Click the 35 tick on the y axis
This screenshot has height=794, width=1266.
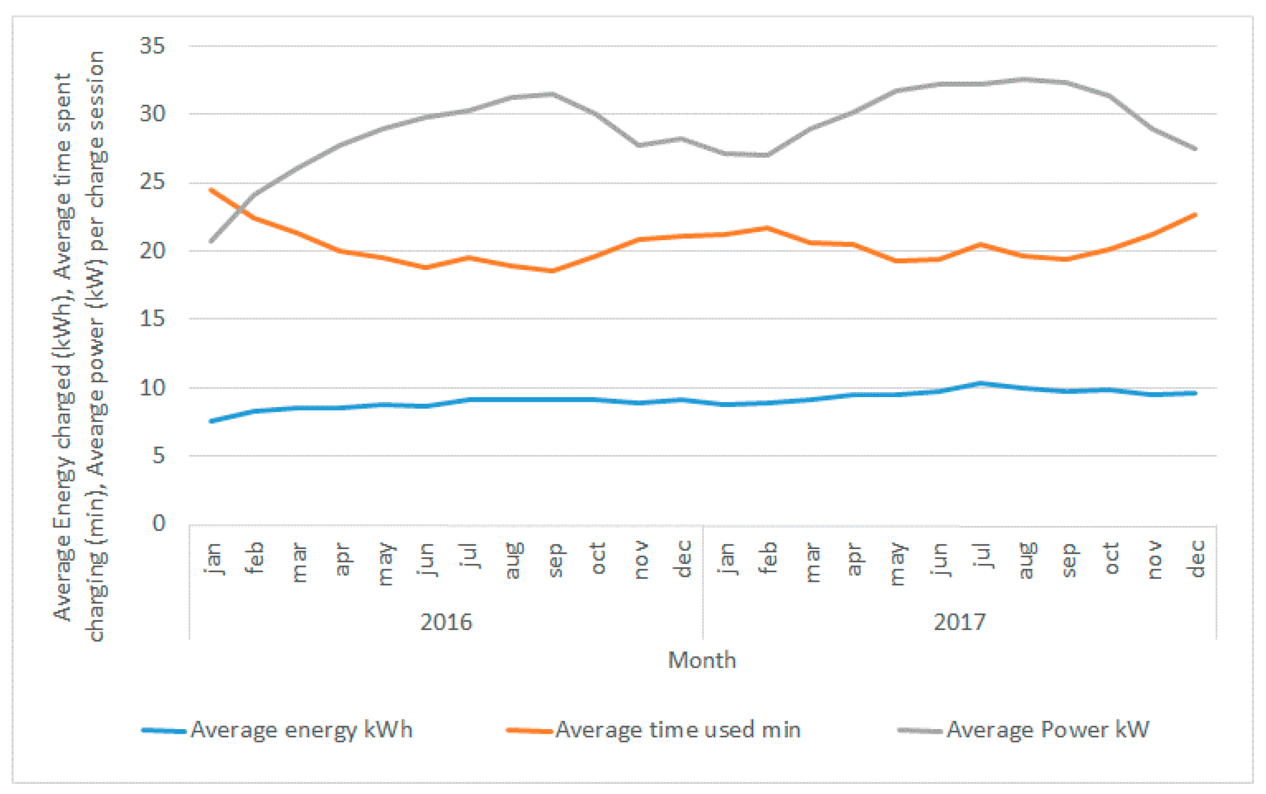click(152, 46)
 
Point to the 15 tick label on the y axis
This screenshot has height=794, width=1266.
click(152, 319)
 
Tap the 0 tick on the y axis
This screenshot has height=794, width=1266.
click(159, 523)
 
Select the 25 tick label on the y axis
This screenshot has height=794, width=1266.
click(152, 183)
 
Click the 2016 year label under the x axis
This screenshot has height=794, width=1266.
click(446, 622)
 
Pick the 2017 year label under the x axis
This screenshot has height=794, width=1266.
click(960, 622)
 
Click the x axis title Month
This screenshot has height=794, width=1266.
click(702, 661)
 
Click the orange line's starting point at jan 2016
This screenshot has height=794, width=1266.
click(211, 190)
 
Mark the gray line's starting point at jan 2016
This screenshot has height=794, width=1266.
click(211, 242)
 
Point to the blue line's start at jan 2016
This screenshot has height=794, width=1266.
click(211, 421)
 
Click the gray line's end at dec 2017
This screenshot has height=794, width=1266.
click(1196, 149)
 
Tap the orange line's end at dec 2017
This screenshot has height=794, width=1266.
click(1196, 215)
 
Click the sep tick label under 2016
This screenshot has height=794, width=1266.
click(554, 560)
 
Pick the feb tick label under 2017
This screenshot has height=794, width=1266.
click(768, 558)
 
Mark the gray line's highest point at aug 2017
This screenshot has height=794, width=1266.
click(1024, 79)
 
